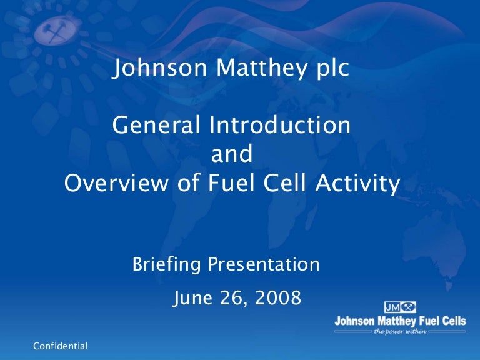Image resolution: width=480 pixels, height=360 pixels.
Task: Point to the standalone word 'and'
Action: [231, 154]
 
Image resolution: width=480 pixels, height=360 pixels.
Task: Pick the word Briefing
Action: [167, 265]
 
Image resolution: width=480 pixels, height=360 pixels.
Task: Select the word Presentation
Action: [264, 265]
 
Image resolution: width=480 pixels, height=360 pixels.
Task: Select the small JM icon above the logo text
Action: [400, 307]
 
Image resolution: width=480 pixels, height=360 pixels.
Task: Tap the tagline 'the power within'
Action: [400, 331]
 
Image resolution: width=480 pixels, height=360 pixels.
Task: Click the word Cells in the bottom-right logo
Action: [452, 321]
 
